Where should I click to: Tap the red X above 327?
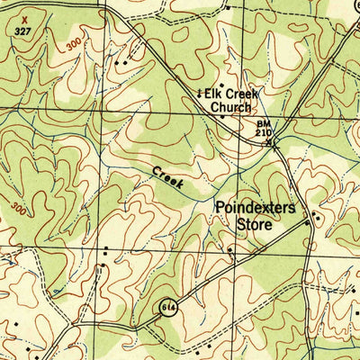(x=24, y=17)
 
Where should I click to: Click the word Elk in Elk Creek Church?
(x=212, y=94)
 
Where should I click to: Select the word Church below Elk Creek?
(x=231, y=107)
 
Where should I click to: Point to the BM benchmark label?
(x=263, y=122)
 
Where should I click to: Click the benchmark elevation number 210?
(x=263, y=132)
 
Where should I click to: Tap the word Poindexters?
(x=255, y=207)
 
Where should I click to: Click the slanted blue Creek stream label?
(x=167, y=177)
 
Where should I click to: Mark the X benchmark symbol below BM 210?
(x=275, y=141)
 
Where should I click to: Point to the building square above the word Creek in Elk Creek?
(x=220, y=84)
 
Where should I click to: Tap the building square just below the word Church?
(x=223, y=117)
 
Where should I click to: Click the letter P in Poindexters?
(x=220, y=207)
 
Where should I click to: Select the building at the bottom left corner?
(x=15, y=325)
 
